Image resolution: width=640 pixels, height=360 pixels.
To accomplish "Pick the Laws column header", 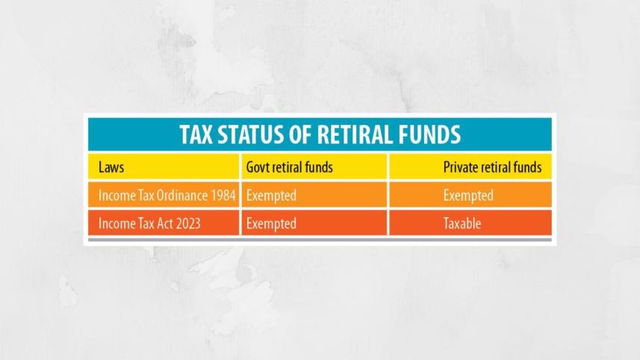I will [x=111, y=167].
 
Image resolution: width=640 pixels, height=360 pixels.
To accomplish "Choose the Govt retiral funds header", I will [x=289, y=167].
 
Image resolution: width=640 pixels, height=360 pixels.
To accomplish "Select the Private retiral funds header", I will [x=492, y=167].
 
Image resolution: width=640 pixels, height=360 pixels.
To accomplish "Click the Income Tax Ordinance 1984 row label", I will [x=167, y=196].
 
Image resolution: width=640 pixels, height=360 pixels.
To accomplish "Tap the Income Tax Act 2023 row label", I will [x=149, y=223].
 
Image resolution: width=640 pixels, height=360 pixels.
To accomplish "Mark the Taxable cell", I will [x=462, y=223].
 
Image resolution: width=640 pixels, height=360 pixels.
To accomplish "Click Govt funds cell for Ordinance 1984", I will [x=271, y=196].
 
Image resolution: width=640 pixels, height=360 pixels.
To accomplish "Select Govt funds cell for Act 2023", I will [x=271, y=223].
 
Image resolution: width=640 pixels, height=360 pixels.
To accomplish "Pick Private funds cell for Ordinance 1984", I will [x=468, y=196].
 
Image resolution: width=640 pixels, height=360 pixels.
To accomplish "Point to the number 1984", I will [x=223, y=196].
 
